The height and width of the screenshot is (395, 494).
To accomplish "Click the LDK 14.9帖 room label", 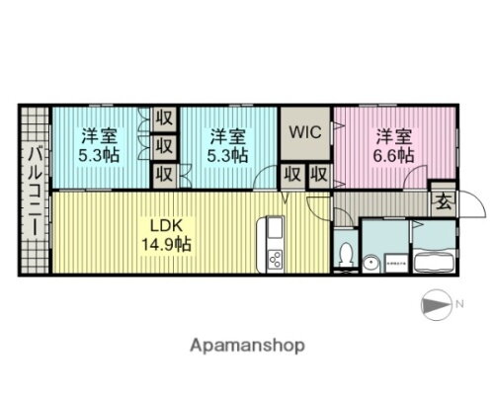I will (164, 232).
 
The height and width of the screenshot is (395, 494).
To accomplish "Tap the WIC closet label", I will (304, 130).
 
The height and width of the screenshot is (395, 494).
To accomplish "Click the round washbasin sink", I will (369, 262).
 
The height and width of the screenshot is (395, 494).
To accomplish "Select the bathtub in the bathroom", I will (432, 264).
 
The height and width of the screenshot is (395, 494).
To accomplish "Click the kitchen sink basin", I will (274, 234).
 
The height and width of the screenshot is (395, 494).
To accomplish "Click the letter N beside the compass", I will (460, 304).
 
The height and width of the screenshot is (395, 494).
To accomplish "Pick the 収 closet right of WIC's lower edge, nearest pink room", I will (318, 175).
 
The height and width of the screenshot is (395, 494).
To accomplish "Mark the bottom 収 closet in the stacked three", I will (165, 175).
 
